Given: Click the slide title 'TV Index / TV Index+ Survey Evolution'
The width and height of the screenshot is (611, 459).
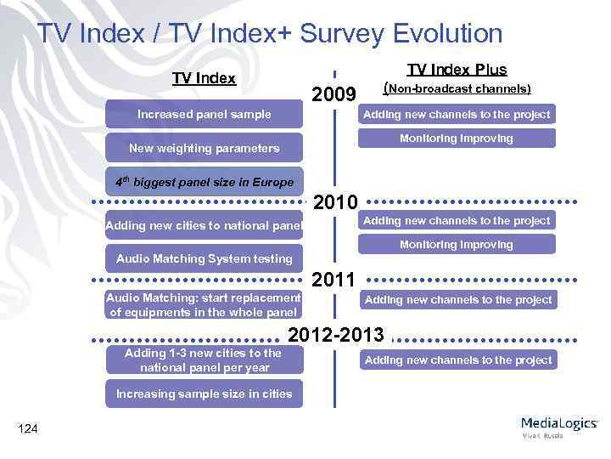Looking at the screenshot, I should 270,33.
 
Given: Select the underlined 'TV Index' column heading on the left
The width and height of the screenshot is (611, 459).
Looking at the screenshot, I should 204,78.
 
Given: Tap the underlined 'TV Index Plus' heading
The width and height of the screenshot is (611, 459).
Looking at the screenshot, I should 457,70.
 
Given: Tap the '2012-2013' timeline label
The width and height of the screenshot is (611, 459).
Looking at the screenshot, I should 336,333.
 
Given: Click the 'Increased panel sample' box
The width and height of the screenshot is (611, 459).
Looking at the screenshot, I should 205,114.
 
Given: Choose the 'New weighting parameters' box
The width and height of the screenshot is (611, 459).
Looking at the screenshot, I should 204,148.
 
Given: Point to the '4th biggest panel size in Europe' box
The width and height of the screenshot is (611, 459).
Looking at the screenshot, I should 205,182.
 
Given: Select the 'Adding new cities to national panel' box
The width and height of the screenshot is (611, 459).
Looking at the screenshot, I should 204,225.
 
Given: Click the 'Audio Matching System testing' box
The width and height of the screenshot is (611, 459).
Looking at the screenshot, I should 204,258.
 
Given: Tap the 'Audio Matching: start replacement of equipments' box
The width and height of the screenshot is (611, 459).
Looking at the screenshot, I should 204,304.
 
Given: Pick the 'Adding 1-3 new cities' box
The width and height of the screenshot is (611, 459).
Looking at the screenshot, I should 204,360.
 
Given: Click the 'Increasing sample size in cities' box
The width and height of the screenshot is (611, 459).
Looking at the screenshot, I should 204,394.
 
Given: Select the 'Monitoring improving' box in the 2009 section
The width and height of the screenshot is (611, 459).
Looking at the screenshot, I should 457,138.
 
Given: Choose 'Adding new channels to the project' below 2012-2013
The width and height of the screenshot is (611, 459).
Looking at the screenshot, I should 457,360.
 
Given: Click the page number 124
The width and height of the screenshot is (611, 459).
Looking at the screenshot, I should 27,428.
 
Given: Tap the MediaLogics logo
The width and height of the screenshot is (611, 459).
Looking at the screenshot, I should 558,426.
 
